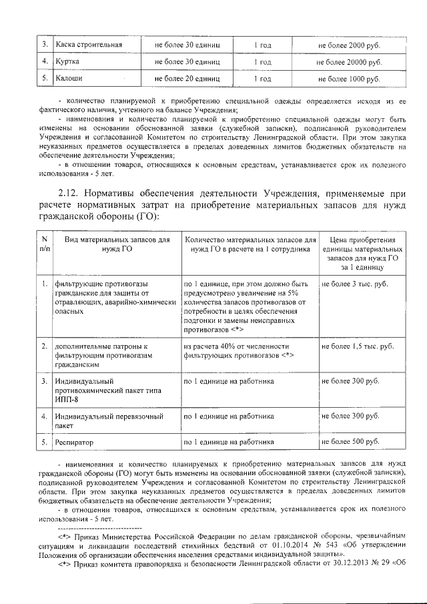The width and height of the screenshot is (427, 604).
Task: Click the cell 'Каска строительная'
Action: coord(89,45)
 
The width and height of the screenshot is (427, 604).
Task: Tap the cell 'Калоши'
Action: coord(69,79)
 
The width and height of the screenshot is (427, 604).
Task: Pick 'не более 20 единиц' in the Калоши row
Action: coord(183,79)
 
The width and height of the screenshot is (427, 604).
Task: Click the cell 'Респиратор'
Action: coord(75,442)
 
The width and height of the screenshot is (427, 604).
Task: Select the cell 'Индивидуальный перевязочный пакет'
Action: coord(100,420)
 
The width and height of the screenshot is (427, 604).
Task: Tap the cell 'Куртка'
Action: coord(68,61)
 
